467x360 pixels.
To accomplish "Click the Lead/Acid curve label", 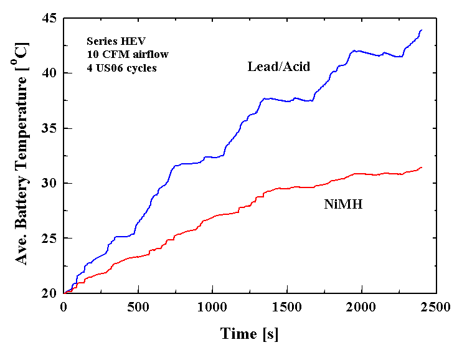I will point(278,67).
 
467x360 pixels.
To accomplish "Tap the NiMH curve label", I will point(343,204).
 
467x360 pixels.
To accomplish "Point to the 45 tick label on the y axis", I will point(49,19).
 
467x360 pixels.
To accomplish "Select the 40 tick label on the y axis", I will point(49,73).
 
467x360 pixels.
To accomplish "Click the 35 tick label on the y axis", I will point(49,128).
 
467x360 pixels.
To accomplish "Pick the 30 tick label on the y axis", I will point(49,183).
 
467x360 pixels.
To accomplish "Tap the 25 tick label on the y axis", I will point(49,238).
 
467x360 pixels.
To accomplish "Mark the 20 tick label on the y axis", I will point(49,293).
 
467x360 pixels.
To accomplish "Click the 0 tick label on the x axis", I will point(64,307).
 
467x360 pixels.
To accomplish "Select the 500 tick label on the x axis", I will point(138,307).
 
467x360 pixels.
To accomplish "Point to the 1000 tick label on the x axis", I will point(212,307).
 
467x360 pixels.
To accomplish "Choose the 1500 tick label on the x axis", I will point(286,307).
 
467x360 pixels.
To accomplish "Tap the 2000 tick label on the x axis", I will point(361,307).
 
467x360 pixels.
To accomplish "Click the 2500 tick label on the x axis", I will point(435,307).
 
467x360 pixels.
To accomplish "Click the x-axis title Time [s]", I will point(249,334).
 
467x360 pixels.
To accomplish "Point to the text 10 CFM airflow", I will point(118,55).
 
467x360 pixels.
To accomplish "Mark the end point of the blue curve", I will point(422,29).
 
